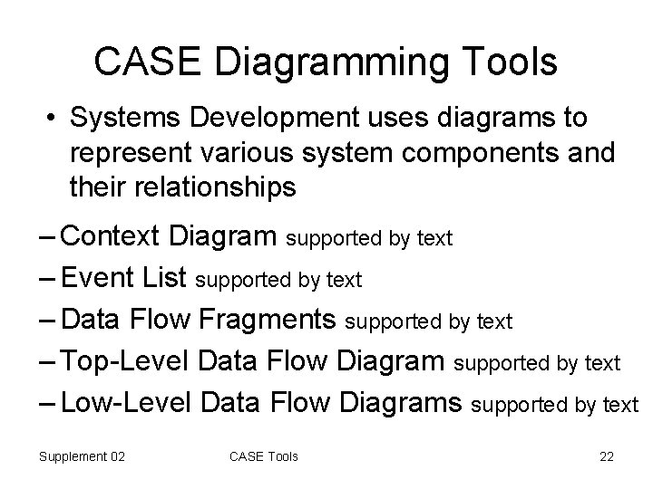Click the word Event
(102, 278)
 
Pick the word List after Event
(167, 278)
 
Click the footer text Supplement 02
(82, 456)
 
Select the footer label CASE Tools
(263, 456)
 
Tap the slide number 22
(607, 456)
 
